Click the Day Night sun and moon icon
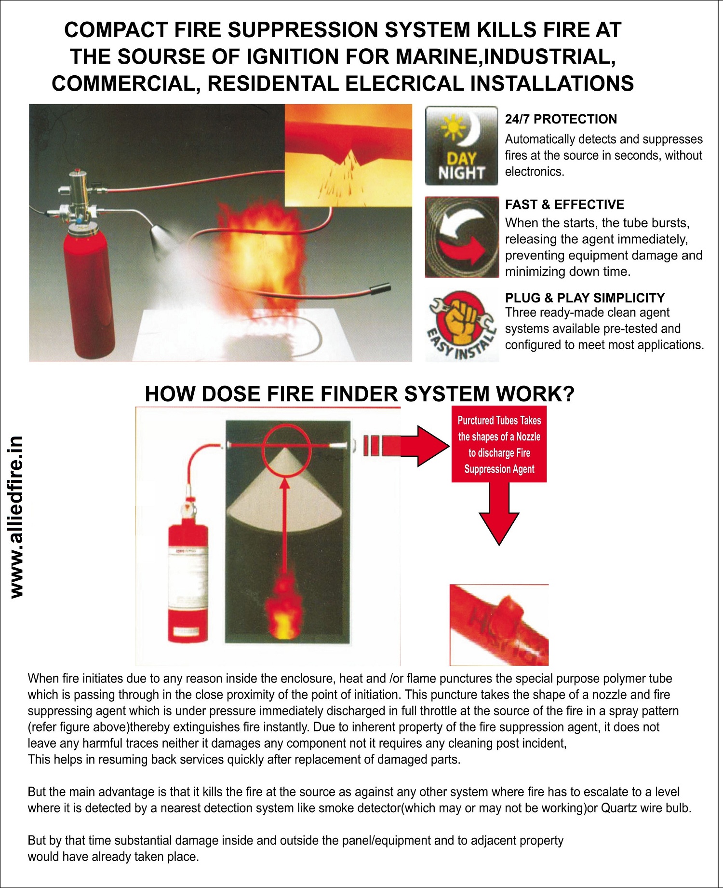[461, 146]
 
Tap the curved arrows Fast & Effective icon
[462, 237]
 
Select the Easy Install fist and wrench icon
[462, 326]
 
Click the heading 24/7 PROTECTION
[561, 119]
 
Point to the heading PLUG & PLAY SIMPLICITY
[585, 298]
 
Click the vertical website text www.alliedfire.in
[16, 517]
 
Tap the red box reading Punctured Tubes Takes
[499, 444]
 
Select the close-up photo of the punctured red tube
[499, 625]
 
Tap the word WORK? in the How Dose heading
[535, 394]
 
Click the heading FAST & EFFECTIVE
[564, 205]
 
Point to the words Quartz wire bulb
[645, 808]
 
